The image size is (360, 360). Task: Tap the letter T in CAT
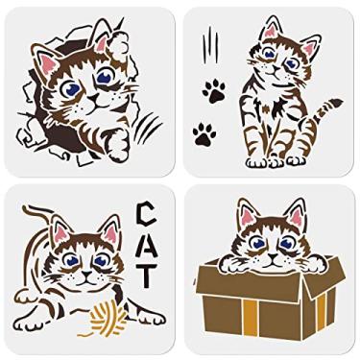pyautogui.click(x=147, y=276)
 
